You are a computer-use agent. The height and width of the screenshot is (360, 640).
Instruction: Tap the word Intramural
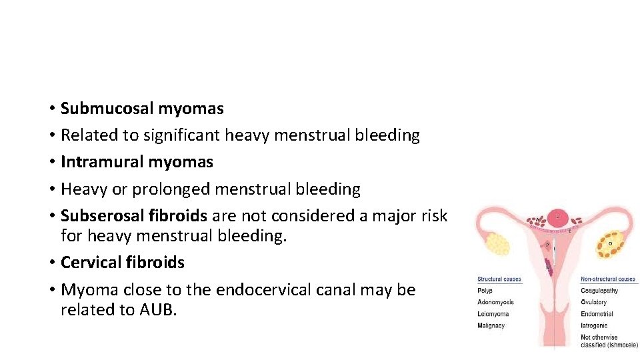pos(102,162)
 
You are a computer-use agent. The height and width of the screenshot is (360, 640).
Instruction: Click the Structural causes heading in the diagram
pos(499,279)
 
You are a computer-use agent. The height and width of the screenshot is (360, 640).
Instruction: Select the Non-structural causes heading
pos(608,279)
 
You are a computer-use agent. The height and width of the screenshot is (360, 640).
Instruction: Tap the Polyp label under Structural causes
pos(485,291)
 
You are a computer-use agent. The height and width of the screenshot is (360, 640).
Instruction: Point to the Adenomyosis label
pos(495,302)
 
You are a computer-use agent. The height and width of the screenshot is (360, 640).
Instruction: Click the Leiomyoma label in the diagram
pos(493,314)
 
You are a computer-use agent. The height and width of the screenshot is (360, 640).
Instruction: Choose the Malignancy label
pos(491,326)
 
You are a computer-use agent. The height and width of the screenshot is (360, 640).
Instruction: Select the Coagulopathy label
pos(599,291)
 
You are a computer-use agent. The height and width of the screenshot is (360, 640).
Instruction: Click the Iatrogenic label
pos(595,326)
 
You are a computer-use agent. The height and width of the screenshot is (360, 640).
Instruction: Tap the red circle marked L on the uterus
pos(557,216)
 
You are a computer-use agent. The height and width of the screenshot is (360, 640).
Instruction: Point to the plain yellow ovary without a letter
pos(499,243)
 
